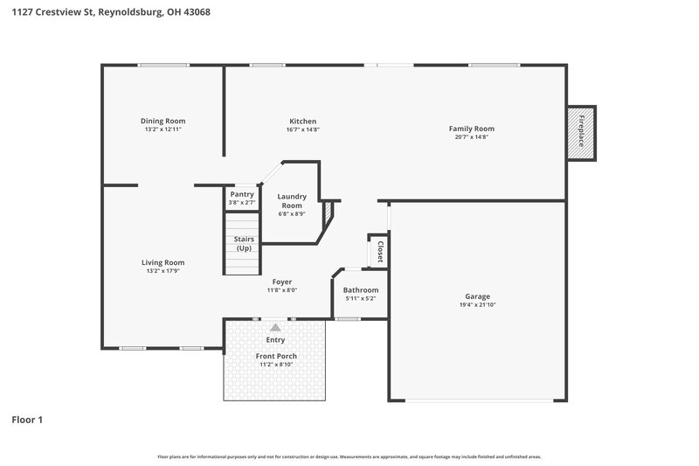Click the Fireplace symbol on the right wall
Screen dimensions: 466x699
581,134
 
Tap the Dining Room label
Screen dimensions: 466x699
163,121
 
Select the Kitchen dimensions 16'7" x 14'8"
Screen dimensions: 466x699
303,129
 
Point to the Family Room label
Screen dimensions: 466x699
471,129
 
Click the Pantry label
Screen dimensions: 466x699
242,194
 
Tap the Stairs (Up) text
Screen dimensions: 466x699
243,243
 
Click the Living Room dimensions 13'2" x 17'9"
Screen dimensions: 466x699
163,271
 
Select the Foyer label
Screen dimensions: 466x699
281,282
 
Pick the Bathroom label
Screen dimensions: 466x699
360,290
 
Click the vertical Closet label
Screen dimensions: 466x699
380,252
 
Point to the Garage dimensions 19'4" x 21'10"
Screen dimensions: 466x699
477,305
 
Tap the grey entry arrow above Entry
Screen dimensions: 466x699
275,327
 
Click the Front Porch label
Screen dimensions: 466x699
275,356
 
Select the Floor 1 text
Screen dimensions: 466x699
26,421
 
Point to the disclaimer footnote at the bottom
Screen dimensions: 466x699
349,456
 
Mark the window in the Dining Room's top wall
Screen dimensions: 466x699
163,65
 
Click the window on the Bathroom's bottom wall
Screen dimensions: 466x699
349,319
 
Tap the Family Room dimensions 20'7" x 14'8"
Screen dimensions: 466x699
471,137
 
